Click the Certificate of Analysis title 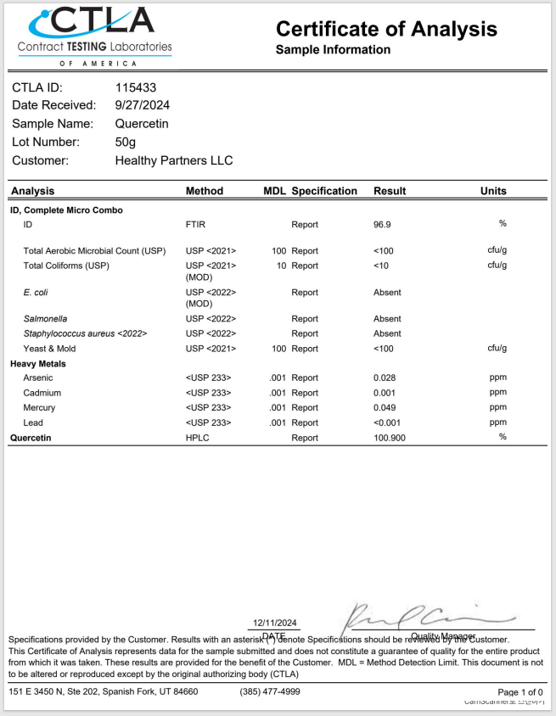pos(386,29)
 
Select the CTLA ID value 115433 pos(136,87)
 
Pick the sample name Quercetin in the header pos(142,124)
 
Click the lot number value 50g pos(126,142)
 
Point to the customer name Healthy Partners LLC pos(173,160)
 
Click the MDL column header pos(274,191)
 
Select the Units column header pos(493,191)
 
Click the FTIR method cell pos(195,225)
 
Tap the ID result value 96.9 pos(383,225)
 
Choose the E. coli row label pos(35,293)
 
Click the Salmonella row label pos(45,319)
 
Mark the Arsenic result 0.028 pos(386,378)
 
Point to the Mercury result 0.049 pos(386,407)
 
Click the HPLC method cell pos(197,438)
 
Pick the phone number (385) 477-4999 pos(270,691)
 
